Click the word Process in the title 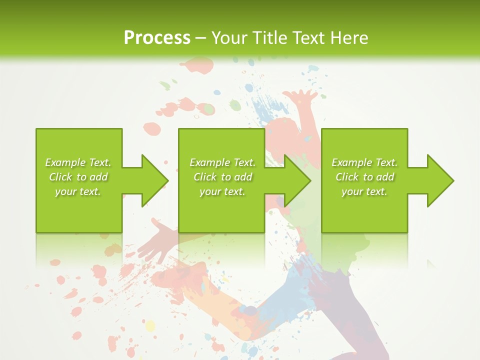[157, 38]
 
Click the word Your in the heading [228, 38]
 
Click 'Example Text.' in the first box [78, 162]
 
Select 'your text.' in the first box [78, 191]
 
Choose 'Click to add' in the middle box [222, 177]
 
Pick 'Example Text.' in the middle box [222, 162]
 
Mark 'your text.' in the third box [364, 191]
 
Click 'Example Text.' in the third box [364, 162]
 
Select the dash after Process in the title [200, 38]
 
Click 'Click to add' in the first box [78, 177]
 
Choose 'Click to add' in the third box [364, 177]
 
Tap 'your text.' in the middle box [222, 191]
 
